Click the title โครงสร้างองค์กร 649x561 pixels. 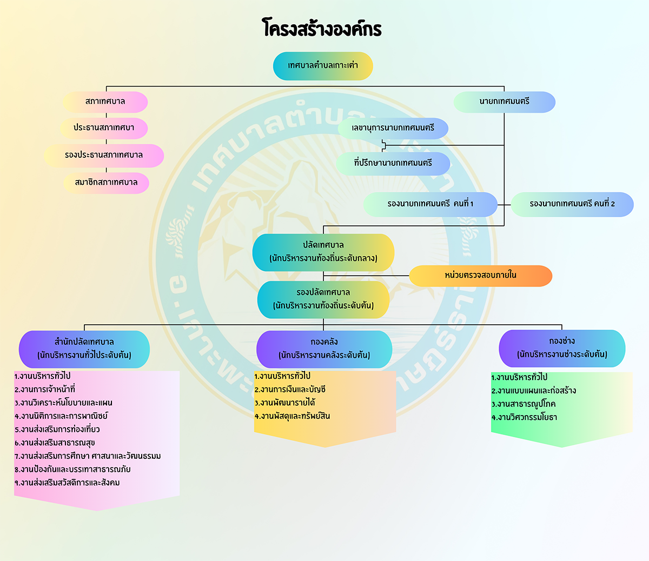pos(322,28)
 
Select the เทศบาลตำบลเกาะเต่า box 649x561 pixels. pos(323,66)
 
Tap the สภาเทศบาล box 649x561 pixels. pos(105,102)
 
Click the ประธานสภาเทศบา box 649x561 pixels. pos(104,128)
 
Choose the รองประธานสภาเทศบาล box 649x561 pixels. pos(104,156)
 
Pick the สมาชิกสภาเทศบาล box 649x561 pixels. pos(106,183)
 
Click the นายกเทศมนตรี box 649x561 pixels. pos(504,102)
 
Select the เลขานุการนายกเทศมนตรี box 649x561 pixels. pos(393,128)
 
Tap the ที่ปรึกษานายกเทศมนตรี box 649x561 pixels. pos(393,164)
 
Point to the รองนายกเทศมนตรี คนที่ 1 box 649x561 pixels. pos(430,204)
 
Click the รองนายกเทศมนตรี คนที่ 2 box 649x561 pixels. pos(572,204)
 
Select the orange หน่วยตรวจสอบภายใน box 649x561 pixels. pos(480,276)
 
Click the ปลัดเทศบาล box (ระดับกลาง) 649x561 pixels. pos(323,252)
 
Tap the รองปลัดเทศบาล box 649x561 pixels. pos(323,299)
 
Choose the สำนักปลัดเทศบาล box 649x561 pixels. pos(84,349)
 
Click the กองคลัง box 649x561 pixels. pos(324,349)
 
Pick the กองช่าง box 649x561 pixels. pos(562,348)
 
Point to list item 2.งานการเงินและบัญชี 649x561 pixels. pos(290,390)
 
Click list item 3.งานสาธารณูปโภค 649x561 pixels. pos(524,404)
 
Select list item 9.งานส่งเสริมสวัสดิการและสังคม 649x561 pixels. pos(67,483)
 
